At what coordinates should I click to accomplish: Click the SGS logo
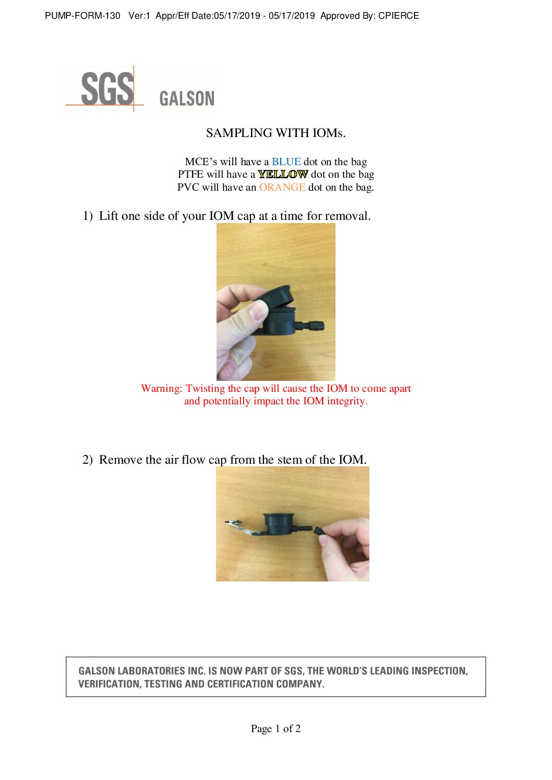(107, 89)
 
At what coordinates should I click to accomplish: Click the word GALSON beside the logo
(186, 98)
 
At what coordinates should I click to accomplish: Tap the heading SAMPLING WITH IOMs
(275, 133)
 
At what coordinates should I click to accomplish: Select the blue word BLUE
(286, 162)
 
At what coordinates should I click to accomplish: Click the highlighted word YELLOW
(283, 174)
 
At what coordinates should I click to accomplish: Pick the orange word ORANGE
(282, 187)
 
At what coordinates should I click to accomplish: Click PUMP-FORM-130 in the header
(82, 16)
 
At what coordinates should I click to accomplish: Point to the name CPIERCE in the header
(399, 16)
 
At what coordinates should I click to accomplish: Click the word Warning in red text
(161, 388)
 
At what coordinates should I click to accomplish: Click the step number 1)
(88, 216)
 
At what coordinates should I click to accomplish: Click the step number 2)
(88, 460)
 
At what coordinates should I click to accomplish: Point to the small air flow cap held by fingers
(319, 531)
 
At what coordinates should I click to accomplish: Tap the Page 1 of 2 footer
(275, 728)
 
